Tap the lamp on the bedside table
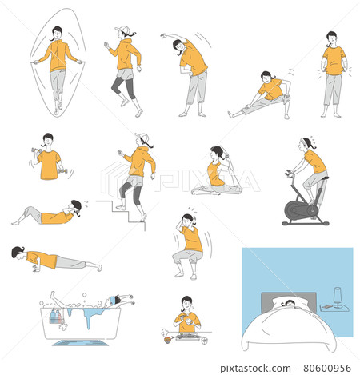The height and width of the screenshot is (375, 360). pos(338,297)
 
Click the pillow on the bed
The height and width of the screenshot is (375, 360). pos(290,302)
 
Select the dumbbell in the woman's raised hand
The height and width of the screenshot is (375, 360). pos(36,150)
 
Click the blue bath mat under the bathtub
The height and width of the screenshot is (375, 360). pos(80,342)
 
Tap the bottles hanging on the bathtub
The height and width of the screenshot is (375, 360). pos(55,317)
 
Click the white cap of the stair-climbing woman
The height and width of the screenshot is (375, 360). pos(142,137)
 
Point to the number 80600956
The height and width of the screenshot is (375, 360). pos(327,368)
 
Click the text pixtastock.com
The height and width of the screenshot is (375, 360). pos(255,369)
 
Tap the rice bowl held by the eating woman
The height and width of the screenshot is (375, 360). pos(189,321)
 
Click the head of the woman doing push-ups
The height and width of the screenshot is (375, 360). pos(18,253)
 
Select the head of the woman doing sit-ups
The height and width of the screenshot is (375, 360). pos(75,207)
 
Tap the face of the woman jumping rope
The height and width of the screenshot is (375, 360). pos(57,34)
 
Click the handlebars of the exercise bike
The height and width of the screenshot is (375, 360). pos(289,173)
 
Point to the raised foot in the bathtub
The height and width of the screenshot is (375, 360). pos(53,294)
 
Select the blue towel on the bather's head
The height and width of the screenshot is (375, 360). pos(113,300)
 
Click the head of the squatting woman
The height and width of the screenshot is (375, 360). pos(188,220)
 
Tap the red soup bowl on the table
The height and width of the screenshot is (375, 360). pos(167,340)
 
